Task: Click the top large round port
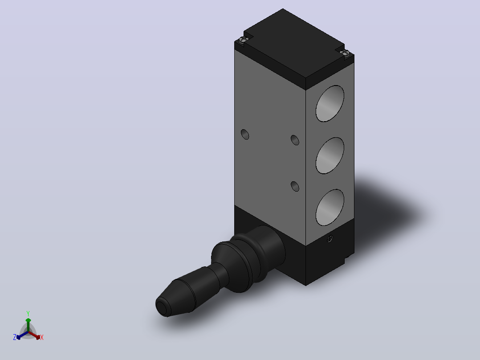point(329,103)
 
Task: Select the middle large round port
point(329,155)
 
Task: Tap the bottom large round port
point(329,208)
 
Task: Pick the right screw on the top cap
point(345,53)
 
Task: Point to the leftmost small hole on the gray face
point(245,135)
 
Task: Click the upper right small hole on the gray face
point(295,140)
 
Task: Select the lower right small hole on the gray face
point(295,186)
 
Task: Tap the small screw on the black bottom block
point(329,239)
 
